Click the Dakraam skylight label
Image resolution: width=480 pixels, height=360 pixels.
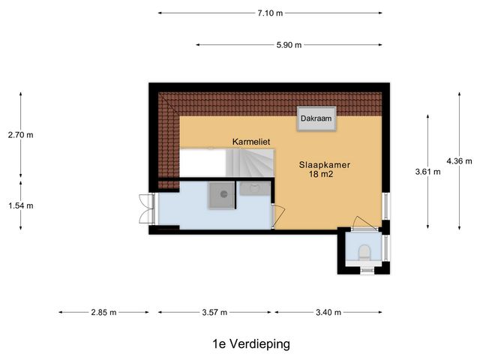(x=316, y=118)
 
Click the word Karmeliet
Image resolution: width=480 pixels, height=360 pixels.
(x=250, y=142)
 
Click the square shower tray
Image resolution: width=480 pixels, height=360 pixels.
(x=223, y=195)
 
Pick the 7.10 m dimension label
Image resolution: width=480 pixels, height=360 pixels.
(x=270, y=13)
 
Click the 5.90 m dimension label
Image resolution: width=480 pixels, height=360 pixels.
(x=289, y=45)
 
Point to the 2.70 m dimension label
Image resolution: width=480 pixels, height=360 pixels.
(x=20, y=135)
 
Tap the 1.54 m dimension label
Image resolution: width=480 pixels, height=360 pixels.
(x=20, y=205)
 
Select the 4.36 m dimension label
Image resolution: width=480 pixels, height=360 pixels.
(x=459, y=160)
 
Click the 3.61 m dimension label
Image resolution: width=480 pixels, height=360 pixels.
(x=427, y=171)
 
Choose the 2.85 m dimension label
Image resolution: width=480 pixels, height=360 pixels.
(x=103, y=313)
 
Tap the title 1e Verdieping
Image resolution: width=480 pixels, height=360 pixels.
(x=250, y=343)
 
